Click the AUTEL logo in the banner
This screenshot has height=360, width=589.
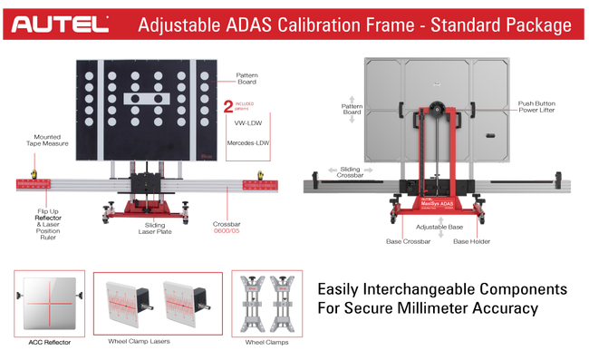tap(61, 24)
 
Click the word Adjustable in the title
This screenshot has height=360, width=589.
tap(179, 24)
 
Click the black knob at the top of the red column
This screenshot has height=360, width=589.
tap(437, 106)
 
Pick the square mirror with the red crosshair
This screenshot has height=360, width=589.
tap(48, 302)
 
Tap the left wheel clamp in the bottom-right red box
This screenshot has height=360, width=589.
tap(250, 302)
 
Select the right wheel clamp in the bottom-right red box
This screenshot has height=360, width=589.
tap(285, 302)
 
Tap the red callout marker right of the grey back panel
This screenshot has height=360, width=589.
tap(513, 110)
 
